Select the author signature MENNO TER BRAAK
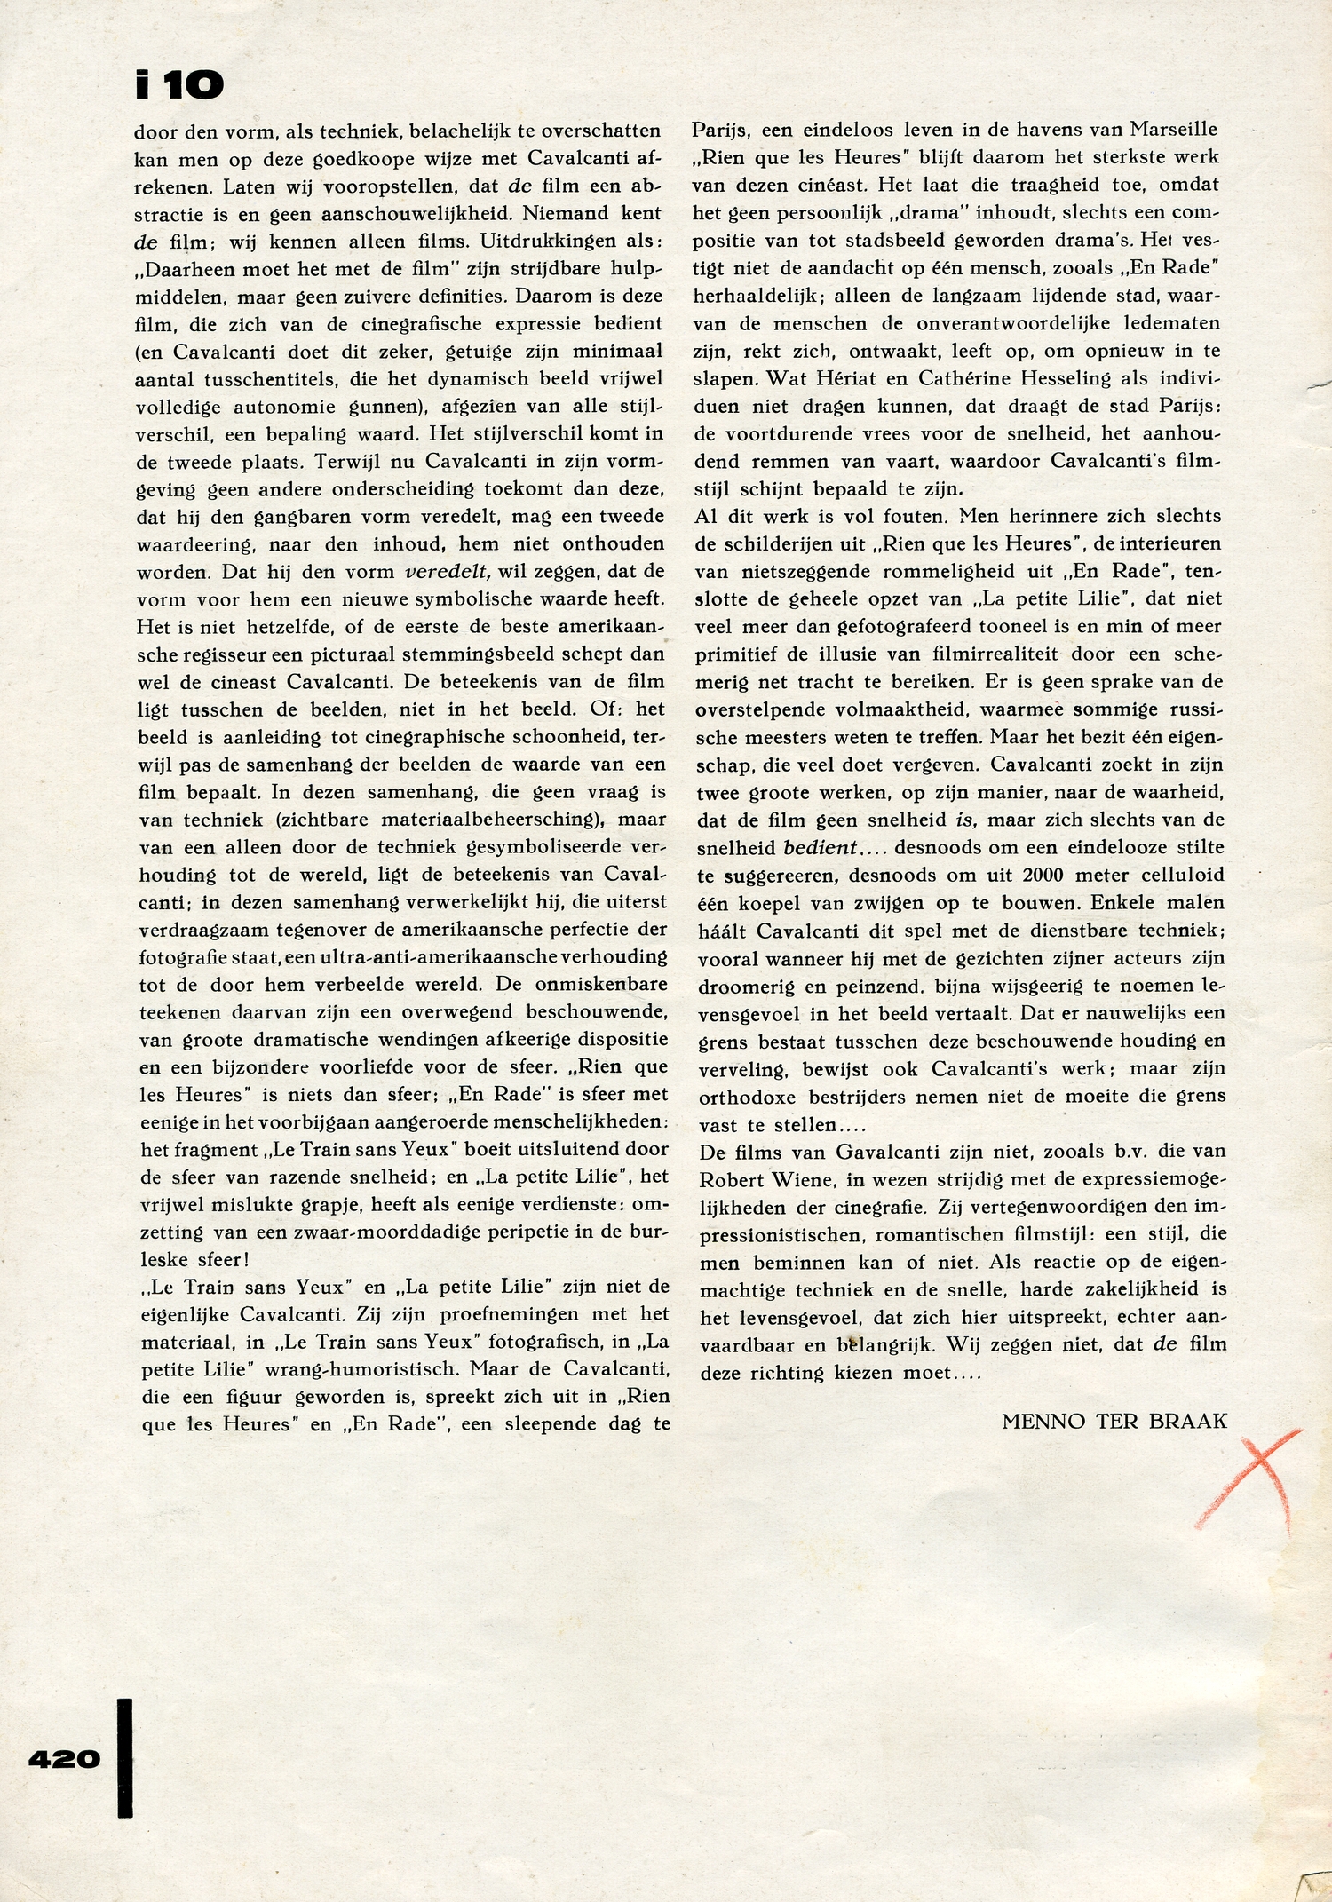coord(1114,1422)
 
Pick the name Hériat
coord(836,378)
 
